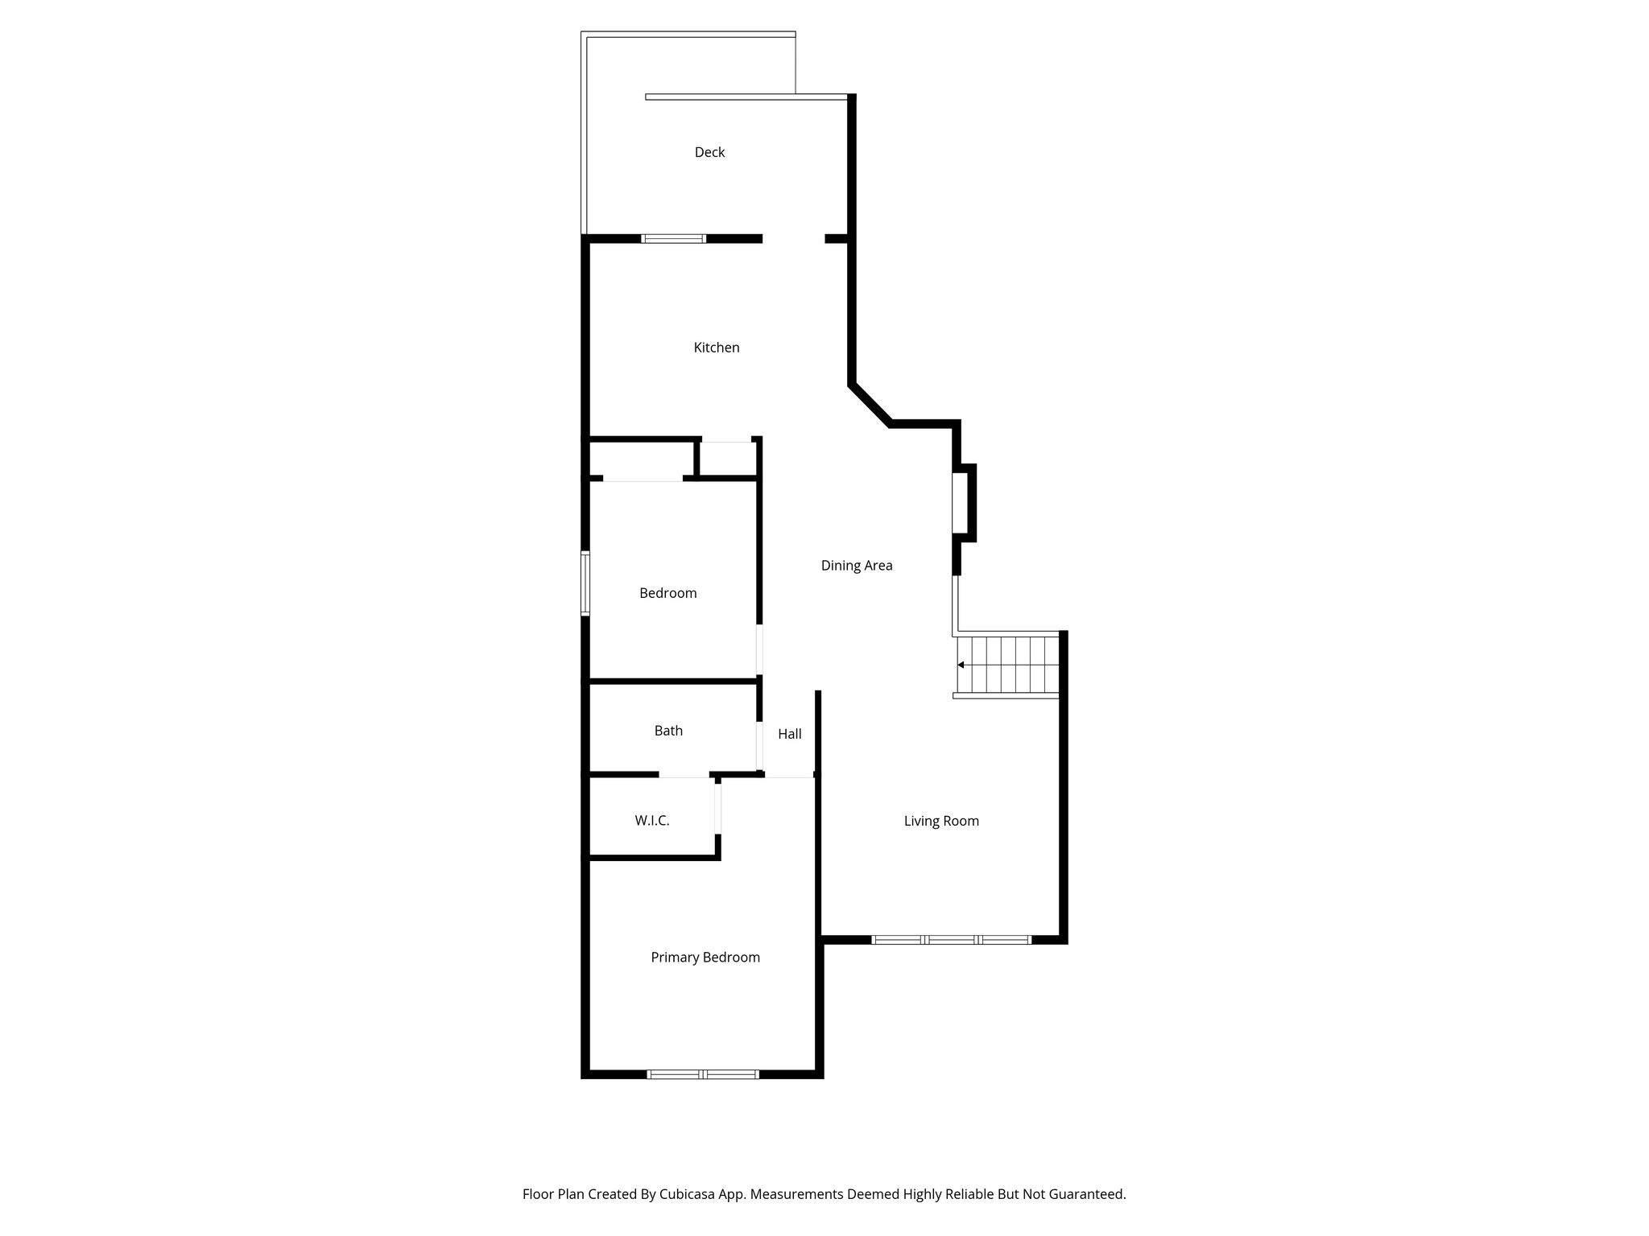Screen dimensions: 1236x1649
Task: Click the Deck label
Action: point(709,152)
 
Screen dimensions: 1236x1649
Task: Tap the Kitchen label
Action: point(717,348)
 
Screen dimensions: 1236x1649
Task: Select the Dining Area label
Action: point(857,566)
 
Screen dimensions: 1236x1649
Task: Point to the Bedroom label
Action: point(667,593)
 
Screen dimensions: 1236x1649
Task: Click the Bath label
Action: point(668,731)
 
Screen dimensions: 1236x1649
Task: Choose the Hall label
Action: point(790,734)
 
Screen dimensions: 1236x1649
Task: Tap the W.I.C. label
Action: point(652,821)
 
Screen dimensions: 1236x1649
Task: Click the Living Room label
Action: point(941,821)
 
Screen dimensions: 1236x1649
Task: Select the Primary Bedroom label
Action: point(705,958)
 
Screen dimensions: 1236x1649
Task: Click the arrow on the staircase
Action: point(961,665)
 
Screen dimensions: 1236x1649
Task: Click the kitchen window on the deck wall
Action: point(673,238)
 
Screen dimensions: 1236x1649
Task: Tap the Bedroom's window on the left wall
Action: point(585,583)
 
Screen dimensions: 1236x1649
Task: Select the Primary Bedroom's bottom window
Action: point(704,1073)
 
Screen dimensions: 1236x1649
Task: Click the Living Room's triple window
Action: point(952,939)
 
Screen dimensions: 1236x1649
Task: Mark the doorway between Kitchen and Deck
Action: point(793,239)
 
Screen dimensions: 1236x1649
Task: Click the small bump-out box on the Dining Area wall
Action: point(964,503)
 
